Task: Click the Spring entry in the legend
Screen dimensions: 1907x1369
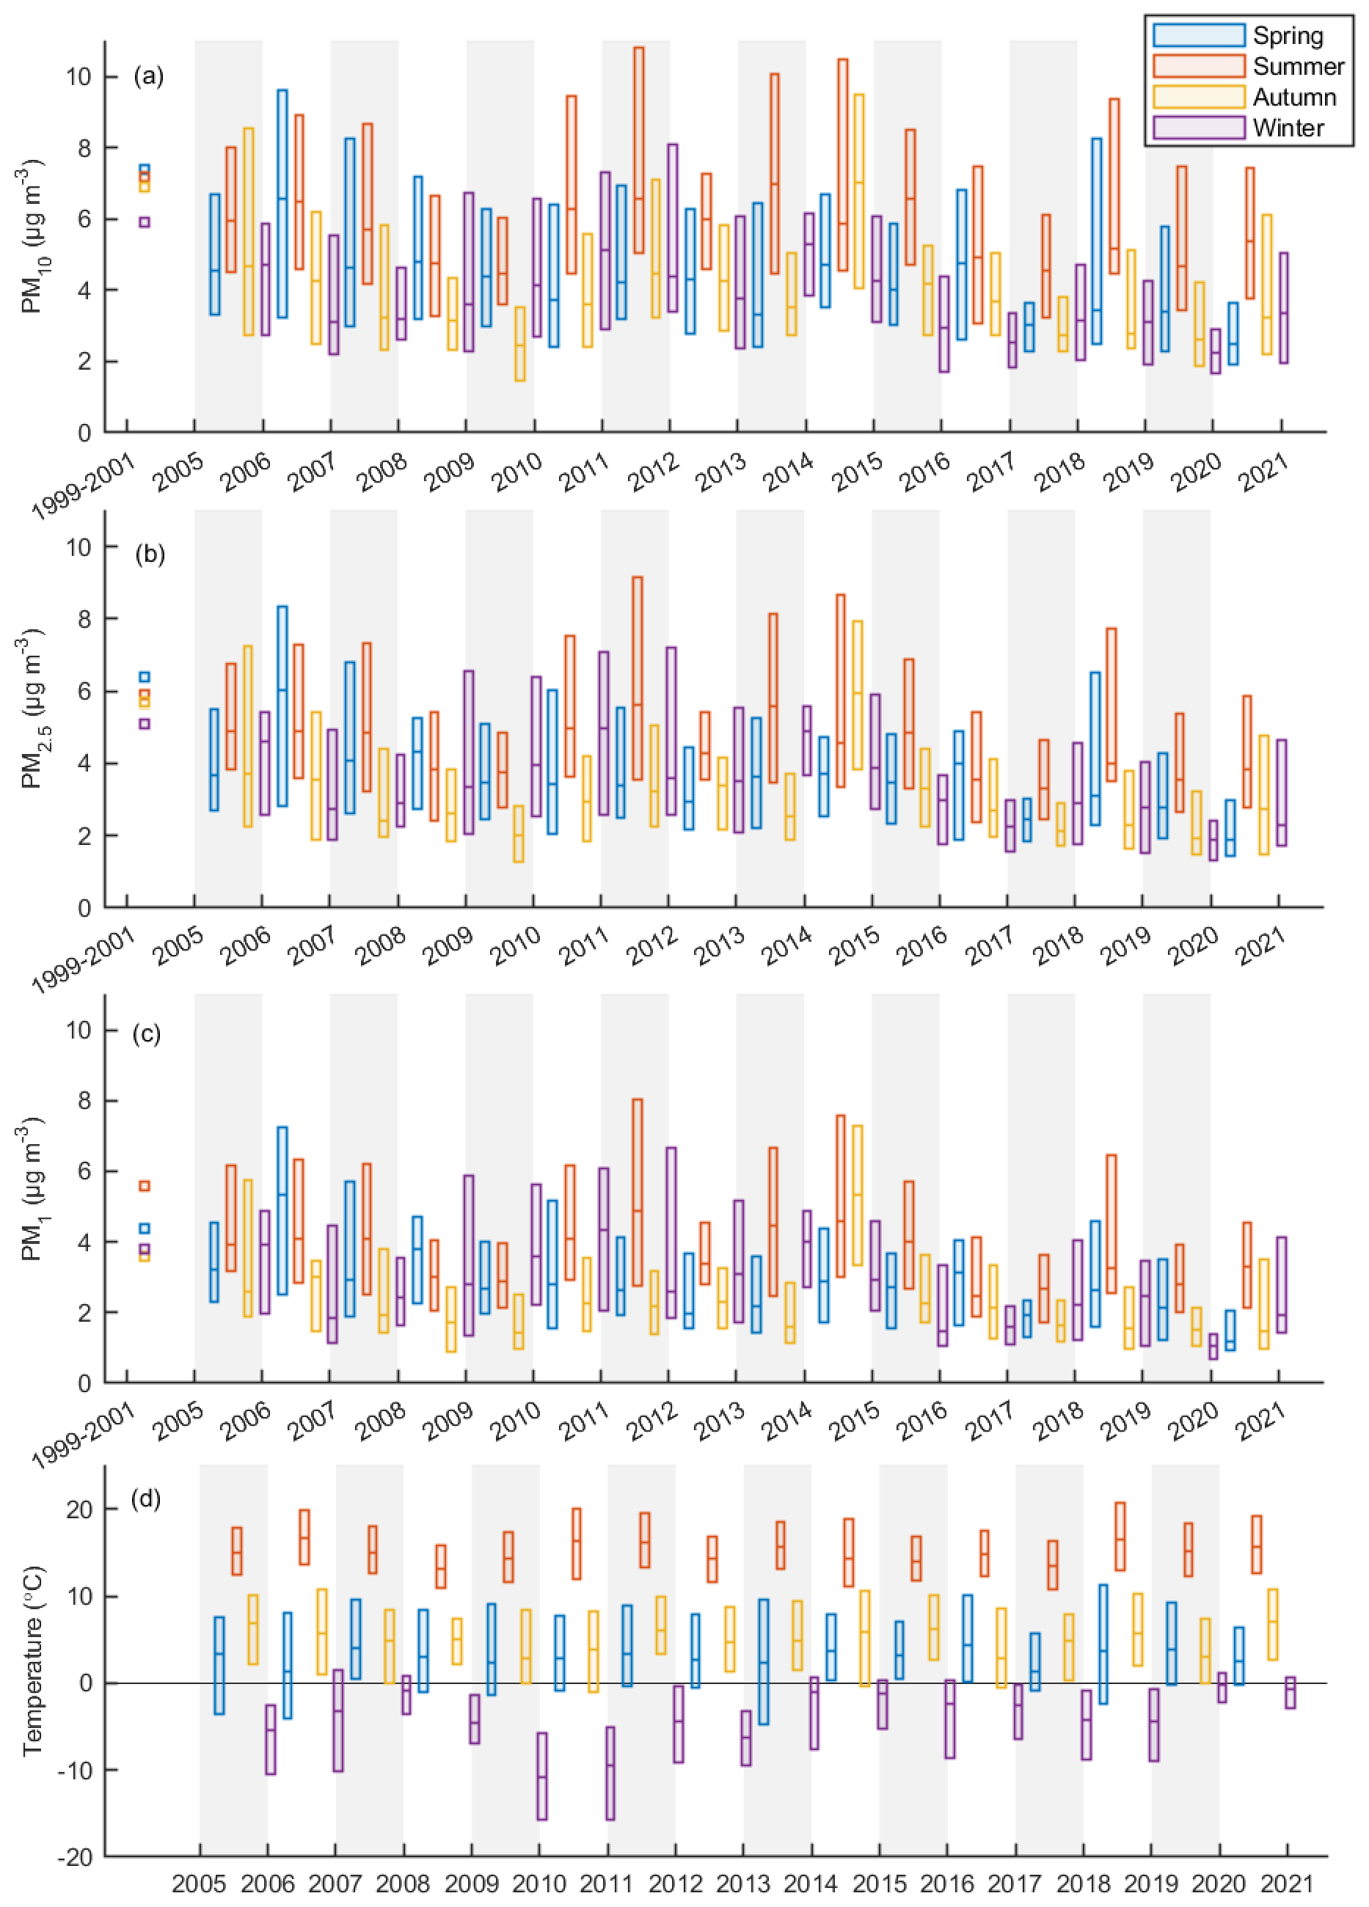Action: [1287, 35]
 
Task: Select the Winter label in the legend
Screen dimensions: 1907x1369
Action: [1288, 128]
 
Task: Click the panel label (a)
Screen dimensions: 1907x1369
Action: [149, 76]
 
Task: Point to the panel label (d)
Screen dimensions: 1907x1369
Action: [149, 1498]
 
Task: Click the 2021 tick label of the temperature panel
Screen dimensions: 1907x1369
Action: [1287, 1885]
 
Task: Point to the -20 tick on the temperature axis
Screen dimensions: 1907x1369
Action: [74, 1856]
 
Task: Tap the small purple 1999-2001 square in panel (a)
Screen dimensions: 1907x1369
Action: [145, 222]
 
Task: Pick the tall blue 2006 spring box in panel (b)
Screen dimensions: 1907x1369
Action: [282, 706]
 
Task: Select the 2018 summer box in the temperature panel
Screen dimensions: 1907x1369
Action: [1120, 1536]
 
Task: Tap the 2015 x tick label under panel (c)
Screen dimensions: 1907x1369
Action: [855, 1423]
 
